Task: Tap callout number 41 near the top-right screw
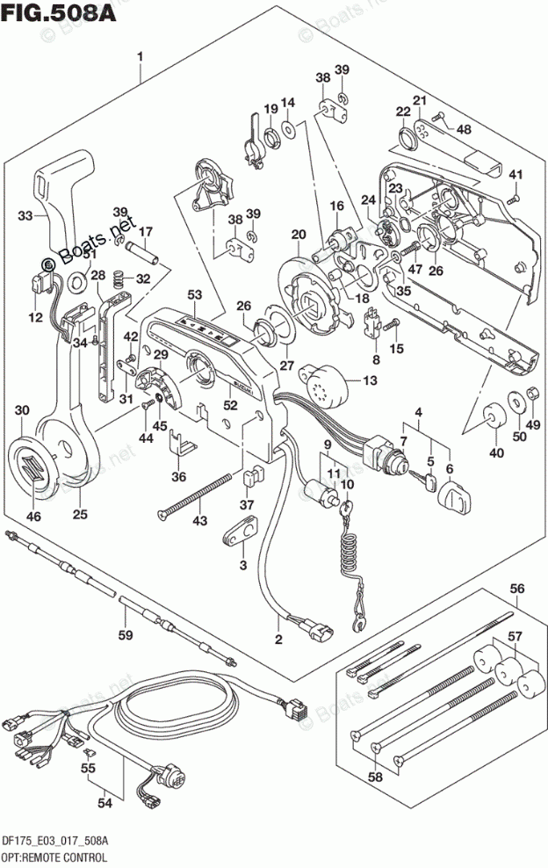click(x=516, y=172)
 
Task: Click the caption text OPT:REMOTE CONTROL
click(x=54, y=855)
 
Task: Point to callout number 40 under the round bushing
click(x=497, y=453)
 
